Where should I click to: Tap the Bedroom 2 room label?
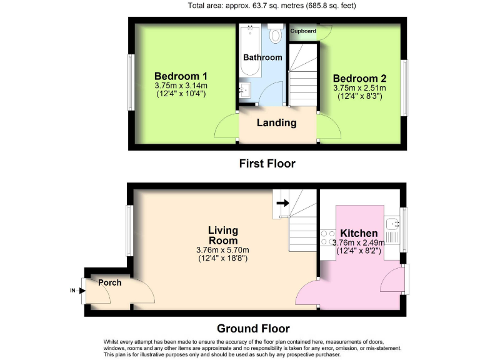(359, 78)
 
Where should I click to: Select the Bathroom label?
(262, 57)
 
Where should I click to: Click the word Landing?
(276, 122)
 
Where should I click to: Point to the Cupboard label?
(303, 31)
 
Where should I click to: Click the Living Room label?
(222, 236)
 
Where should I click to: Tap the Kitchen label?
(359, 233)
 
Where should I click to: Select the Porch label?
(109, 282)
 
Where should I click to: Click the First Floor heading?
(267, 164)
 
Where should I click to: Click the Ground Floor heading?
(253, 328)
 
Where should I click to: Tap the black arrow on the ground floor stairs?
(282, 202)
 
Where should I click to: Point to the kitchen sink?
(392, 224)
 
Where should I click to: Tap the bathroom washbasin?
(245, 91)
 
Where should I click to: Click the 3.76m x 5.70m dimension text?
(222, 250)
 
